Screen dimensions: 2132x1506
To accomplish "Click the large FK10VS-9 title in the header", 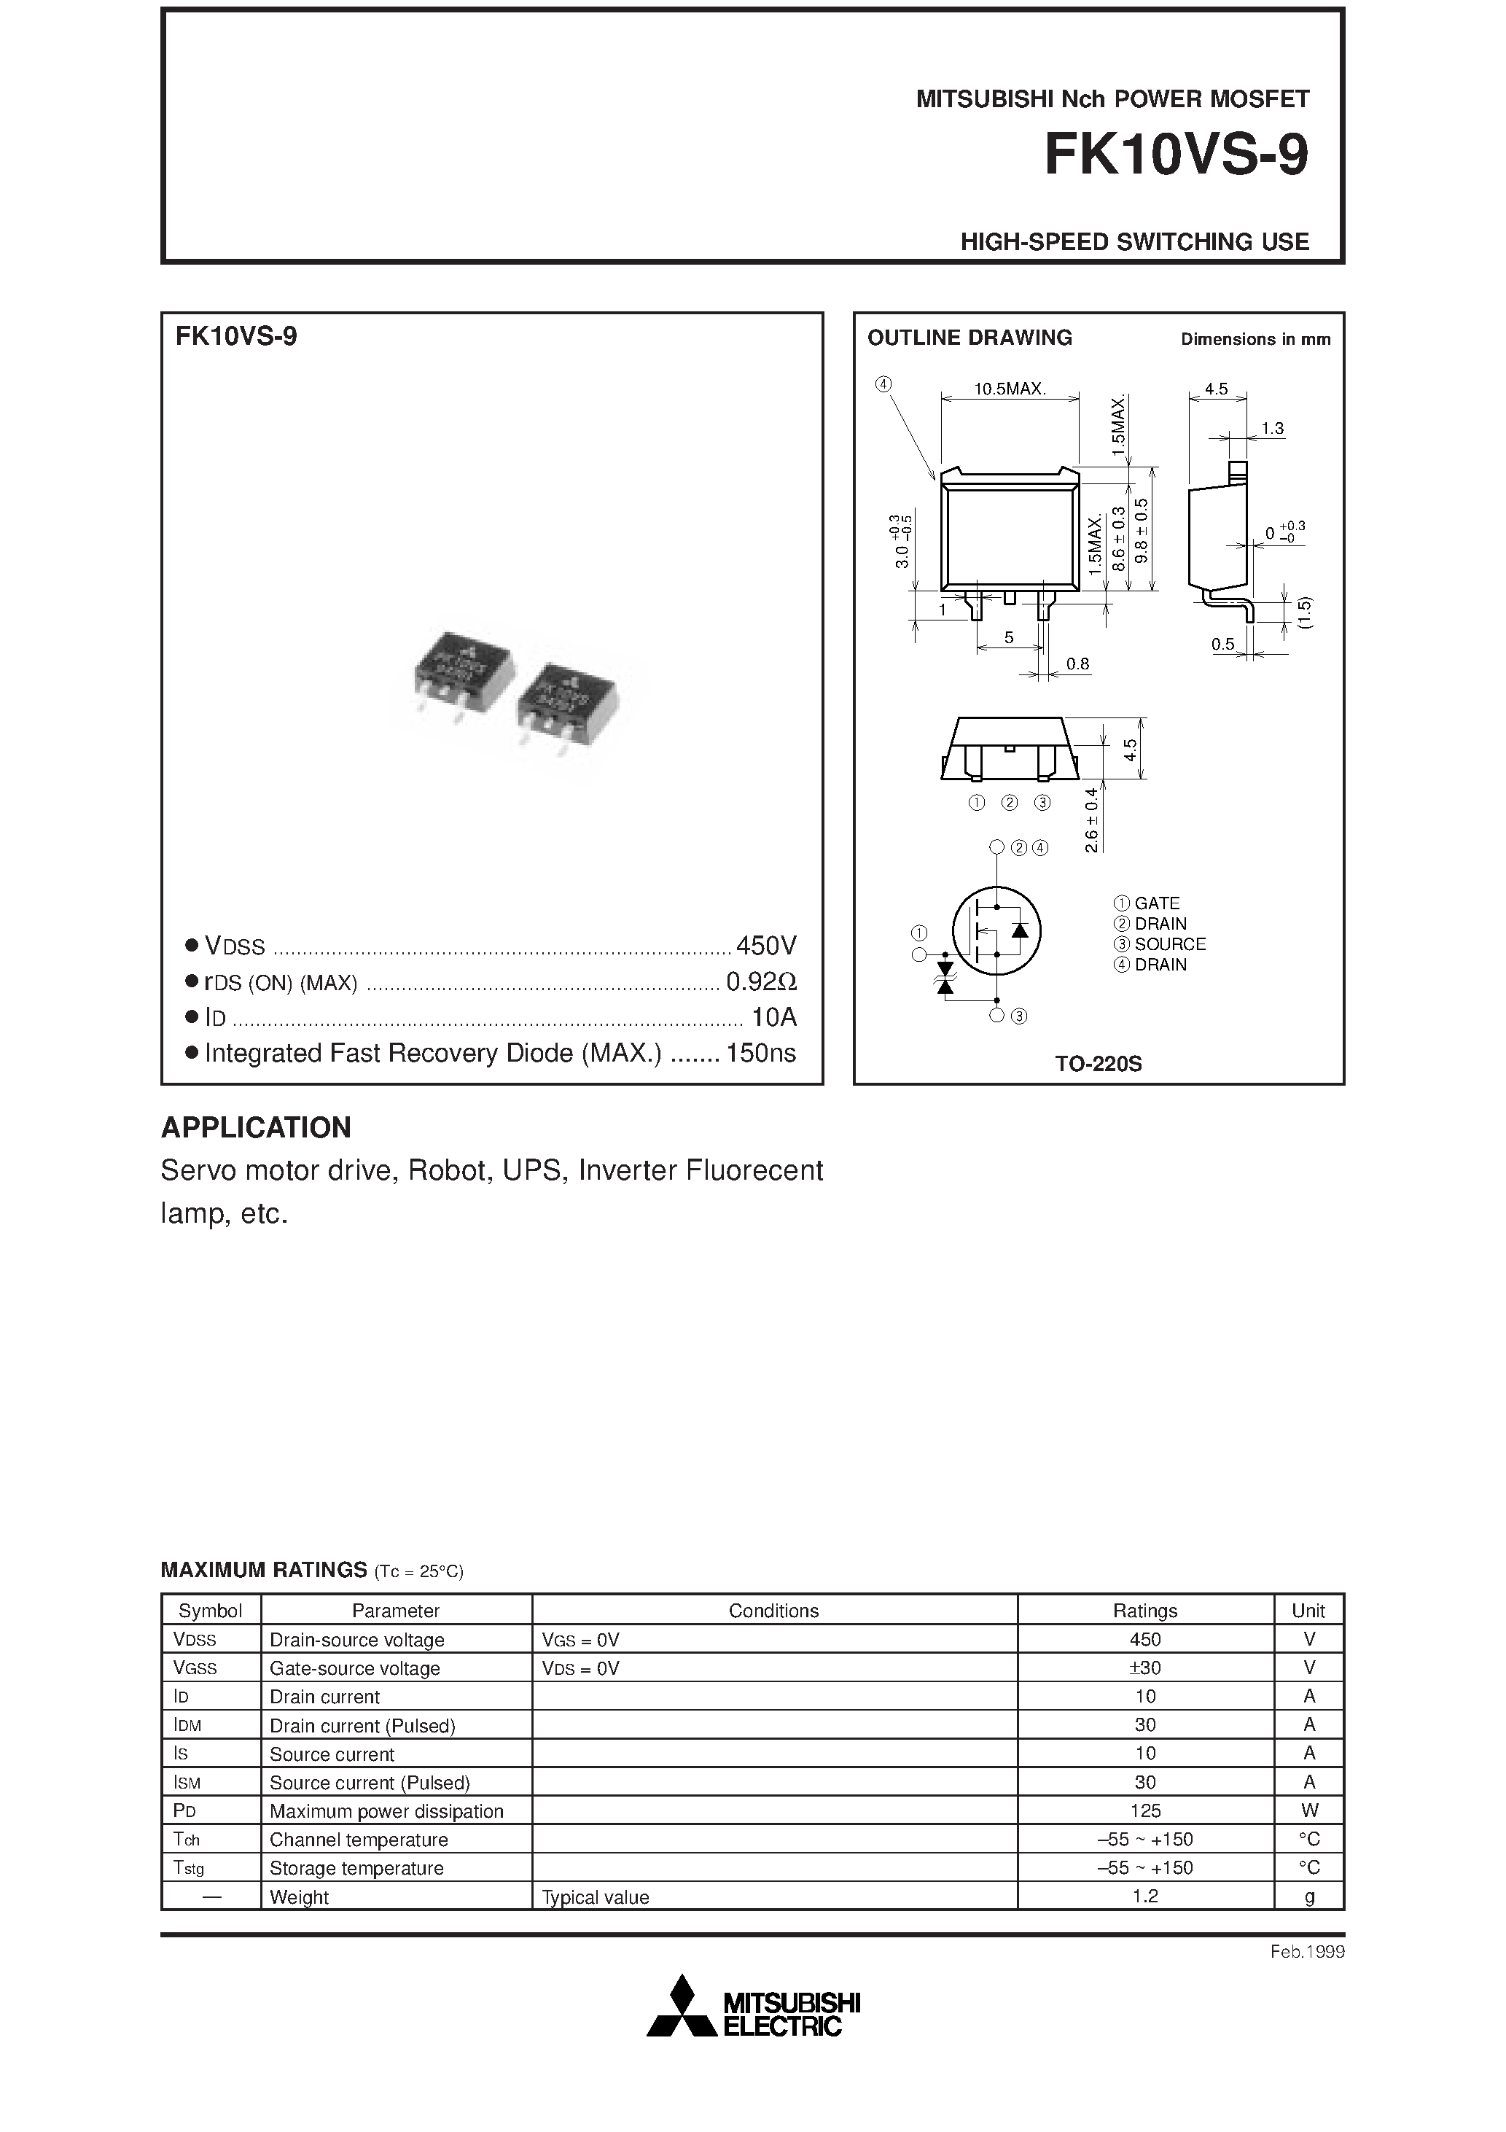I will point(1176,155).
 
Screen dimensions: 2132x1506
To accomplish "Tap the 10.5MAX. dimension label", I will point(1010,389).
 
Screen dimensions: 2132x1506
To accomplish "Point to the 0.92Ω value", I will point(761,981).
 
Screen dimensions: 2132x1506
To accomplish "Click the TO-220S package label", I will point(1099,1064).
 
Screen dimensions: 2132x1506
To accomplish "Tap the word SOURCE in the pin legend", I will point(1170,944).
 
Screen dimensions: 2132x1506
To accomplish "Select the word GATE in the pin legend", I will point(1157,903).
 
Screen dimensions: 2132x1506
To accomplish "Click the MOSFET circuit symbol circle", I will point(996,930).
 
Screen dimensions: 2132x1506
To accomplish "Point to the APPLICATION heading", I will point(257,1127).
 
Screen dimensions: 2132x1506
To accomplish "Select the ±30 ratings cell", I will point(1145,1668).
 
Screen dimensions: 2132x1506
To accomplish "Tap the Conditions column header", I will point(773,1611).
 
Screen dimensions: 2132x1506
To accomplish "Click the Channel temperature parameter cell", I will point(359,1840).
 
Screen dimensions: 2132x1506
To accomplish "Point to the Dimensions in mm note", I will point(1255,340).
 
